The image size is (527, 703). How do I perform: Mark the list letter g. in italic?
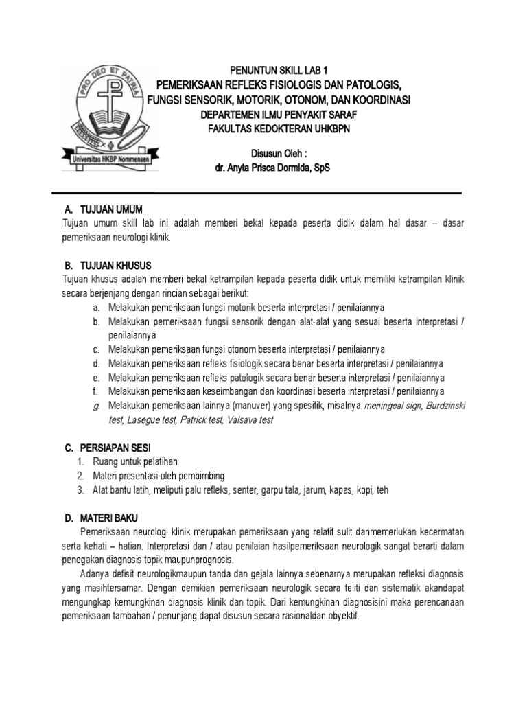(97, 406)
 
